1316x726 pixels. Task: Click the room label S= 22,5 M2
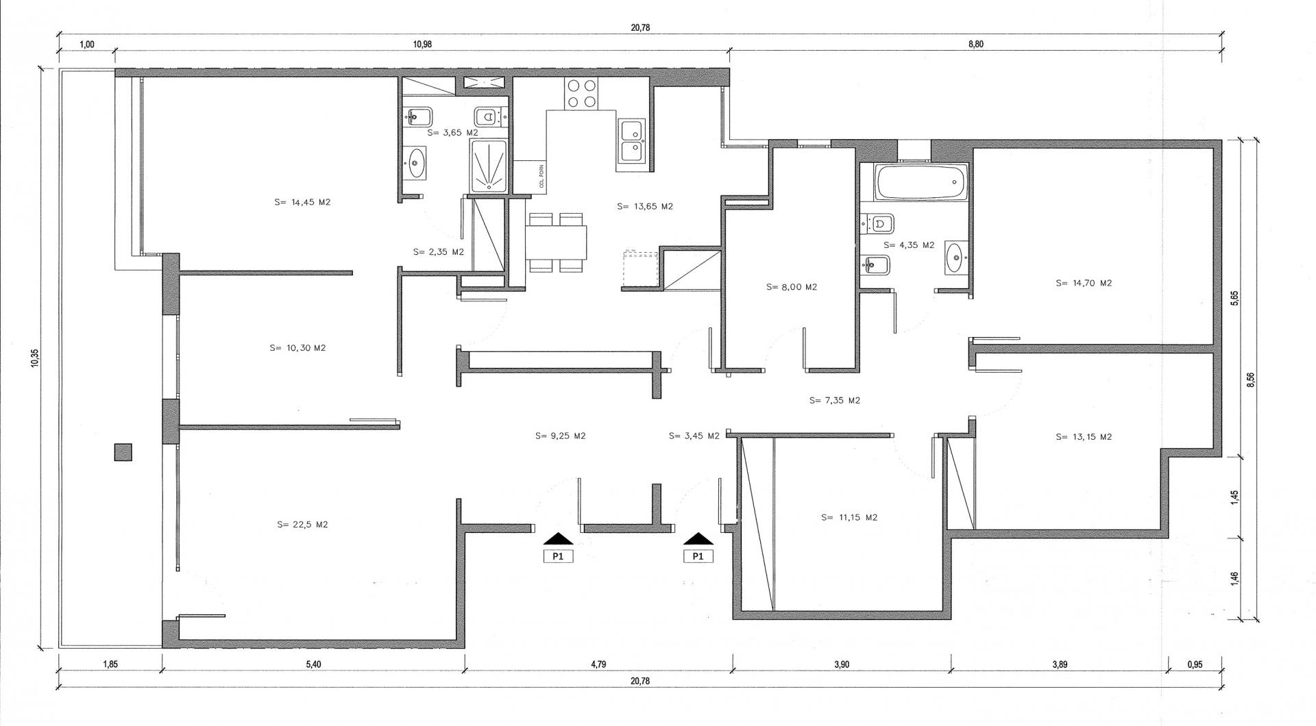coord(303,525)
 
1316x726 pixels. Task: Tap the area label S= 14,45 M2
coord(302,202)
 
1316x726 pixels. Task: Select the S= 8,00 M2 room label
coord(792,287)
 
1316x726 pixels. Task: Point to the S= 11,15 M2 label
coord(849,517)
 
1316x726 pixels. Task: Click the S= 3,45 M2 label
coord(694,436)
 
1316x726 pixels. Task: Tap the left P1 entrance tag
coord(558,556)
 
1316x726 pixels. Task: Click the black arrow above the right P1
coord(698,538)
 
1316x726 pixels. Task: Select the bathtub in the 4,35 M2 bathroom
coord(921,182)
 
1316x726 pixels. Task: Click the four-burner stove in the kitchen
coord(581,94)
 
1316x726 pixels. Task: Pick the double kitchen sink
coord(632,141)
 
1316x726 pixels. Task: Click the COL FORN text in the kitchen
coord(541,179)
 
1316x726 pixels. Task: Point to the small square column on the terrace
coord(123,453)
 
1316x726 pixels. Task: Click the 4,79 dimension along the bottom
coord(598,664)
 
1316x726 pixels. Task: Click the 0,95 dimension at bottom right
coord(1195,664)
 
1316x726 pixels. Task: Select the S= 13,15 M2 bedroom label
coord(1084,436)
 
